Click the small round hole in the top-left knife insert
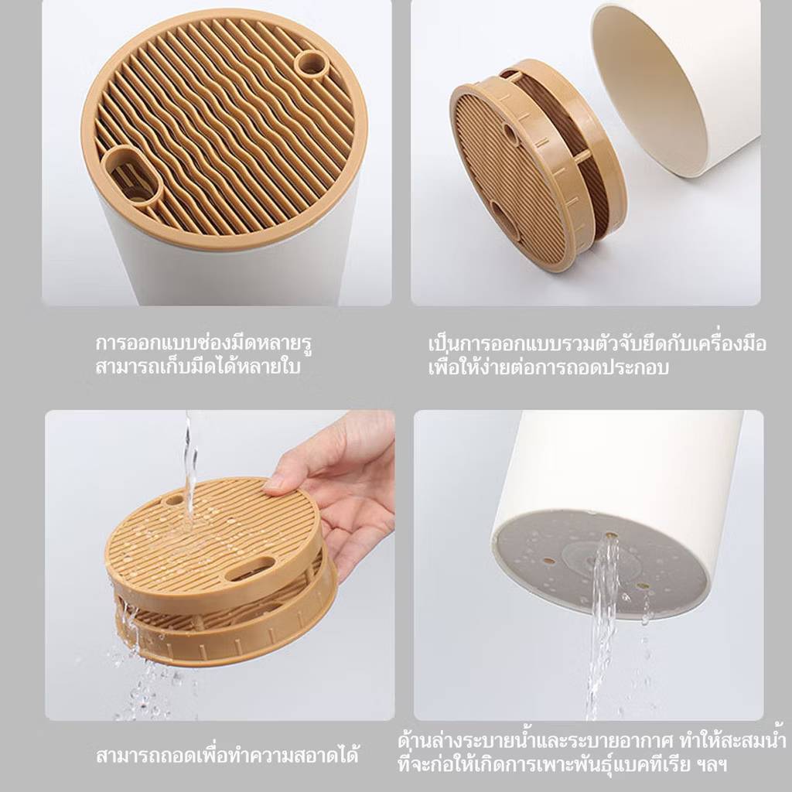click(x=311, y=65)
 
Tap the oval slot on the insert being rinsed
click(x=250, y=568)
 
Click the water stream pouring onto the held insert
click(x=189, y=469)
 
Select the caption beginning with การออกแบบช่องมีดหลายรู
click(x=203, y=343)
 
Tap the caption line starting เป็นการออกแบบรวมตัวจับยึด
click(x=597, y=343)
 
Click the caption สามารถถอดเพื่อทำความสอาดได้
click(x=227, y=756)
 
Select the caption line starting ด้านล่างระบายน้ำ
click(x=592, y=741)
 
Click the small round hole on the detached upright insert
click(x=510, y=133)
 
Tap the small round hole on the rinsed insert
click(x=174, y=500)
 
